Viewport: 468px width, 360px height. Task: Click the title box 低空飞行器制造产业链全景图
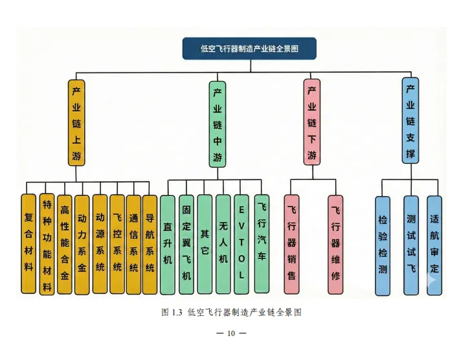coord(249,49)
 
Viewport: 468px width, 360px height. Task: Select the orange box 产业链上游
coord(76,122)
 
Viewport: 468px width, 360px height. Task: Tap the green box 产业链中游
coord(217,123)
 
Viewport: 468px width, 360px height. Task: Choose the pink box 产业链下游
coord(312,122)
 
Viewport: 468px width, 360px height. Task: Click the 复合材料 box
coord(28,243)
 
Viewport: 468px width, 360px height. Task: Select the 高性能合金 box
coord(64,243)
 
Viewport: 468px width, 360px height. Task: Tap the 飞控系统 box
coord(117,243)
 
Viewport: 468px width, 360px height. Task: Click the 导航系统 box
coord(150,243)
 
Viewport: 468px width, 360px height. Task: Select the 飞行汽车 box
coord(262,243)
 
